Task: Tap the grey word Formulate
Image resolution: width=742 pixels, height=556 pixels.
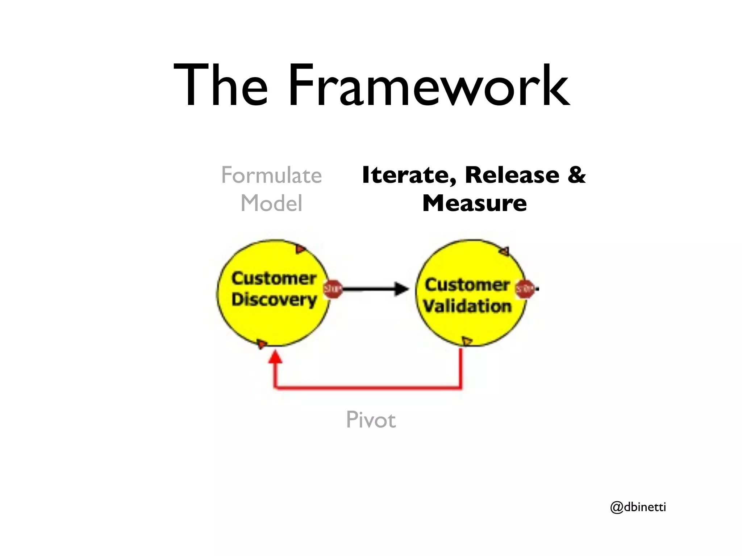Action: tap(271, 175)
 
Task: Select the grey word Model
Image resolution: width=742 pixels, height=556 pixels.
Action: tap(271, 203)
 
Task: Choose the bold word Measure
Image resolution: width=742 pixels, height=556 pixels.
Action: tap(474, 203)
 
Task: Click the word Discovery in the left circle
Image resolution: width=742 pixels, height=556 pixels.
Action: tap(274, 300)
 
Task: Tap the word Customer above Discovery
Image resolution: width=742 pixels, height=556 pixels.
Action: tap(274, 278)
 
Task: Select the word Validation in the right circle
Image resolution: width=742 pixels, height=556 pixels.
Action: tap(467, 306)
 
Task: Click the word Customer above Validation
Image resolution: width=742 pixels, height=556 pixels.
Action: tap(467, 285)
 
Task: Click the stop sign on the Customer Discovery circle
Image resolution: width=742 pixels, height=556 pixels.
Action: tap(333, 289)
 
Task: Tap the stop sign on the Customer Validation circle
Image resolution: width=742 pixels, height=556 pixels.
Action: tap(525, 289)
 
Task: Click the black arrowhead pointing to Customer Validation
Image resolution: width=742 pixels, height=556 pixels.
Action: tap(401, 289)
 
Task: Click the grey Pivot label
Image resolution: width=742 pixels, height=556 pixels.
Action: tap(371, 420)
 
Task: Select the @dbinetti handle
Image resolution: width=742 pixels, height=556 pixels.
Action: tap(638, 507)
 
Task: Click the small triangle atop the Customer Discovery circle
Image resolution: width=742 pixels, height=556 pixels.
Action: tap(300, 249)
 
